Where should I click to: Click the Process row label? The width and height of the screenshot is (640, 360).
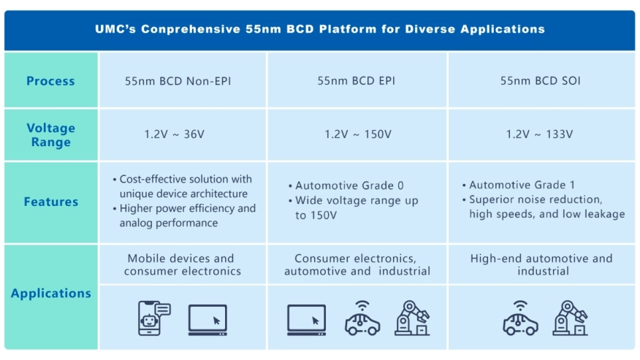pyautogui.click(x=50, y=81)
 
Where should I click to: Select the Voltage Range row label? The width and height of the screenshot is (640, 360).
pyautogui.click(x=51, y=134)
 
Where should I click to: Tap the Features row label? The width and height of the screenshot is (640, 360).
pyautogui.click(x=51, y=202)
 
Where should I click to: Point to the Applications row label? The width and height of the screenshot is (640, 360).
pyautogui.click(x=51, y=293)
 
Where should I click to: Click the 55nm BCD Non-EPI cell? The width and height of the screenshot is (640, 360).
pyautogui.click(x=178, y=81)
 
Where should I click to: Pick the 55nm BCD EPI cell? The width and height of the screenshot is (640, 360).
pyautogui.click(x=357, y=80)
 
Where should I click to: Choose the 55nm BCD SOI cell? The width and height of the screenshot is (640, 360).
pyautogui.click(x=541, y=80)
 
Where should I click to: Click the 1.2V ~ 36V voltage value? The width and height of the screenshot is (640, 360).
pyautogui.click(x=175, y=134)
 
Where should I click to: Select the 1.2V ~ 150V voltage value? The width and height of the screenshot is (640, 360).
pyautogui.click(x=358, y=134)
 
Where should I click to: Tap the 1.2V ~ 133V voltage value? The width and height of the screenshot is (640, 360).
pyautogui.click(x=540, y=134)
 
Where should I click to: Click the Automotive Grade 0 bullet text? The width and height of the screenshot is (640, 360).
pyautogui.click(x=349, y=185)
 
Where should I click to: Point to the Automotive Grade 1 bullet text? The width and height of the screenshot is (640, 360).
pyautogui.click(x=522, y=185)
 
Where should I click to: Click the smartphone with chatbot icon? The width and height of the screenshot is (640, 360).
pyautogui.click(x=154, y=318)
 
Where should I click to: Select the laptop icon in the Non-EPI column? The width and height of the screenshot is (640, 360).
pyautogui.click(x=207, y=320)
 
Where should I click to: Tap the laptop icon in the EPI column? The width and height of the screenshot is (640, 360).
pyautogui.click(x=307, y=320)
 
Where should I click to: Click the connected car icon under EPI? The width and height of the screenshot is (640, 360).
pyautogui.click(x=362, y=318)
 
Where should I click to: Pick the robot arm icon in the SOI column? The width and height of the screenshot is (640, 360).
pyautogui.click(x=570, y=318)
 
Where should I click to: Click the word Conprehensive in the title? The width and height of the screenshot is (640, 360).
pyautogui.click(x=191, y=29)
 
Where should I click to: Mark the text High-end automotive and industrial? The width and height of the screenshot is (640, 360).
pyautogui.click(x=541, y=264)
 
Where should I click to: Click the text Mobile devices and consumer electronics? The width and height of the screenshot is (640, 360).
pyautogui.click(x=182, y=264)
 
